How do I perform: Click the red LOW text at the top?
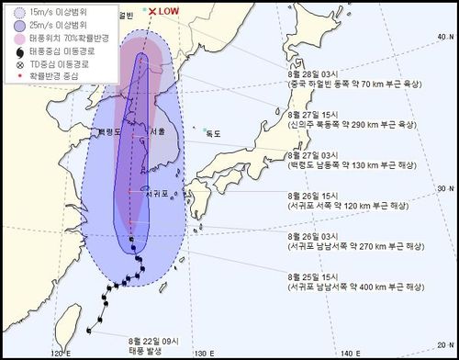point(170,11)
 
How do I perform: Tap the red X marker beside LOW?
point(151,11)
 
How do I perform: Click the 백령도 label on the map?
point(112,131)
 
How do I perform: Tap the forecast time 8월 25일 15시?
point(315,276)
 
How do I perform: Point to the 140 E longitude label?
point(353,353)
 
